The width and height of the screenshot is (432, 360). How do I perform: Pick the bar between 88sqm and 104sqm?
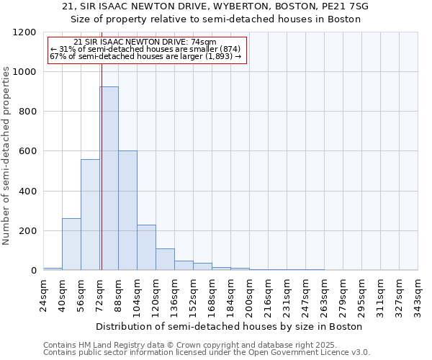tap(127, 210)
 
